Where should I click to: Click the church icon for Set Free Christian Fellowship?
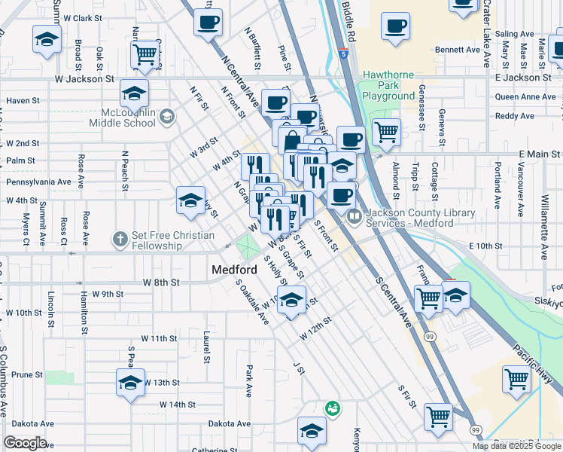pyautogui.click(x=120, y=240)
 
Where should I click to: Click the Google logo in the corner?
pyautogui.click(x=25, y=443)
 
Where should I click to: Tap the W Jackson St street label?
pyautogui.click(x=84, y=78)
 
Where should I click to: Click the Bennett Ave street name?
pyautogui.click(x=458, y=50)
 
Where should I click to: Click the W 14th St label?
pyautogui.click(x=177, y=405)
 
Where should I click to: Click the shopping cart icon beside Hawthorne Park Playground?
pyautogui.click(x=386, y=131)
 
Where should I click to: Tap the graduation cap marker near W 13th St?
pyautogui.click(x=130, y=382)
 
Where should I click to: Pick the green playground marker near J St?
pyautogui.click(x=331, y=408)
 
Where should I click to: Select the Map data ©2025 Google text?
pyautogui.click(x=516, y=446)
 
